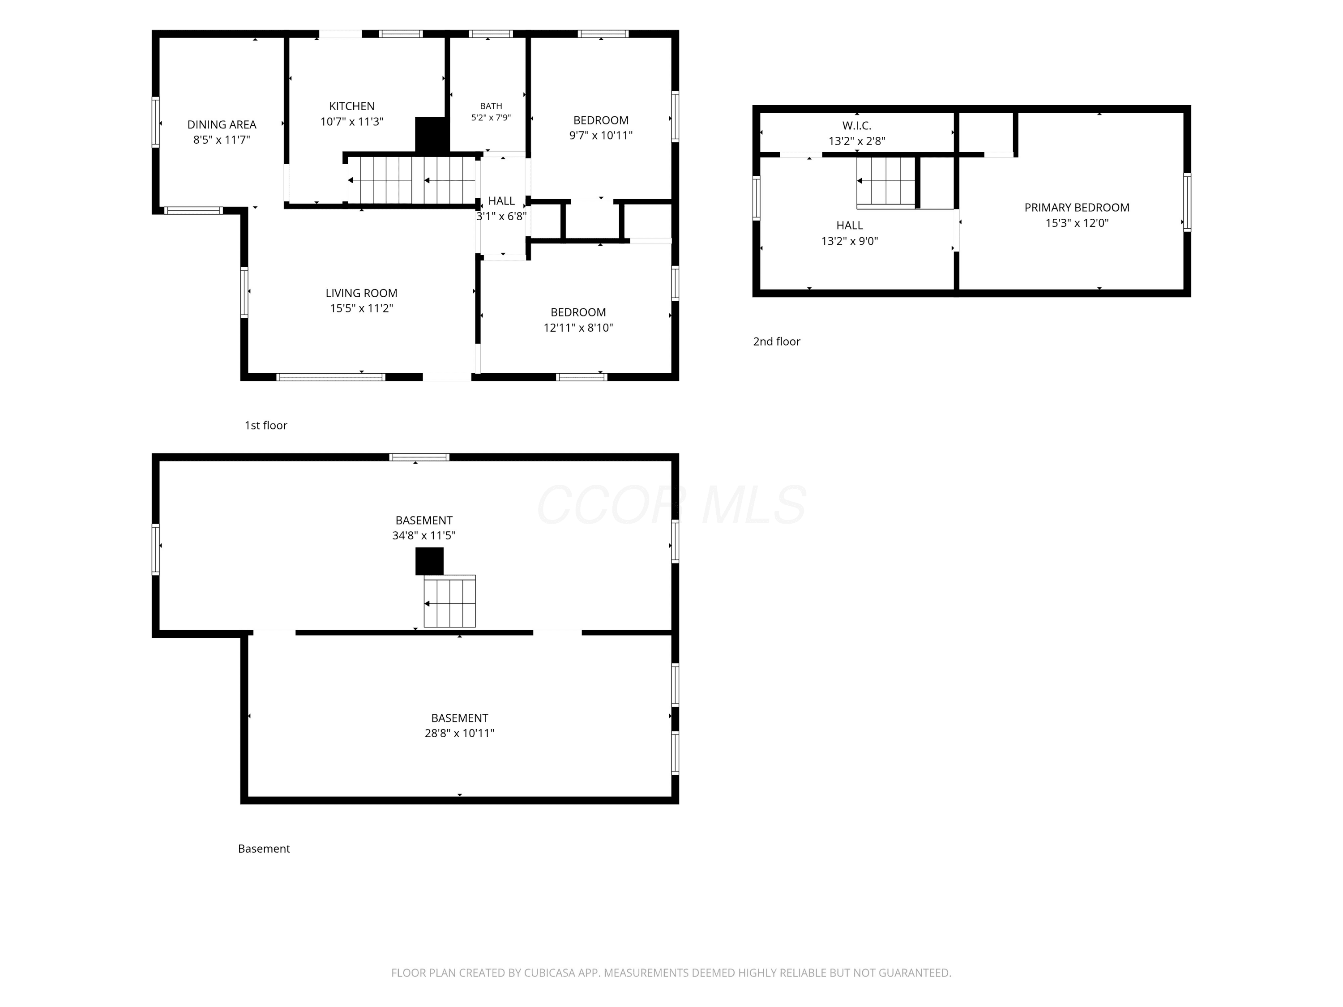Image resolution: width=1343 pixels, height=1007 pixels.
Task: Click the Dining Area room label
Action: pyautogui.click(x=222, y=124)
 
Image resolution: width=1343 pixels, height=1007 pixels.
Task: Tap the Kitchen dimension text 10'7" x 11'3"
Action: pyautogui.click(x=352, y=121)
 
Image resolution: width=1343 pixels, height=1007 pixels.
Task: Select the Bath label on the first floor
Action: pyautogui.click(x=491, y=106)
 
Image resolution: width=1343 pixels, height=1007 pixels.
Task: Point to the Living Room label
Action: pyautogui.click(x=361, y=293)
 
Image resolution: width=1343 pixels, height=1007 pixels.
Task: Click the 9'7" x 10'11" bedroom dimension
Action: pyautogui.click(x=601, y=135)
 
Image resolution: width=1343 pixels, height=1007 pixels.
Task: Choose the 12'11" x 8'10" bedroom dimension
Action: pyautogui.click(x=578, y=328)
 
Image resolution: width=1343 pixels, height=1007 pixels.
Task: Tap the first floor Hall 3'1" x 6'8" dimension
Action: pyautogui.click(x=501, y=216)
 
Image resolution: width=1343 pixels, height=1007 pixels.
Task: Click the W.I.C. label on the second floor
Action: pyautogui.click(x=857, y=126)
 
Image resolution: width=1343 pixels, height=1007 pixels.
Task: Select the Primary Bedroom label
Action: pyautogui.click(x=1077, y=208)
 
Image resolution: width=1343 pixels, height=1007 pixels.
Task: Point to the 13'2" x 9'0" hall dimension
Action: pyautogui.click(x=849, y=241)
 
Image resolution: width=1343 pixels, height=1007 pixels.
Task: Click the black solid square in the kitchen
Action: pyautogui.click(x=432, y=135)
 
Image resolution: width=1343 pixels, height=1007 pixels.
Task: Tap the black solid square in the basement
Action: pyautogui.click(x=429, y=561)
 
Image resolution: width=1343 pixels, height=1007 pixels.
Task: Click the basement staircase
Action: pyautogui.click(x=449, y=601)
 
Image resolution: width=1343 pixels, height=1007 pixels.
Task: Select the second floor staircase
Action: pyautogui.click(x=886, y=181)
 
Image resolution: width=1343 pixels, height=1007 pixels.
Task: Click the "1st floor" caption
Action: pyautogui.click(x=266, y=426)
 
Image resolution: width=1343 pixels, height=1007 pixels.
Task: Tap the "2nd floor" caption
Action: pyautogui.click(x=777, y=342)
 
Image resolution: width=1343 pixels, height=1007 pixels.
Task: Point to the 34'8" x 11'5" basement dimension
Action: pyautogui.click(x=424, y=535)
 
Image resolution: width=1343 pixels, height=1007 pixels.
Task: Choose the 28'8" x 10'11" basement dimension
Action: pyautogui.click(x=460, y=733)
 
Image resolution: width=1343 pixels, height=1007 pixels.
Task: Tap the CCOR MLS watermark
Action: pyautogui.click(x=671, y=505)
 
